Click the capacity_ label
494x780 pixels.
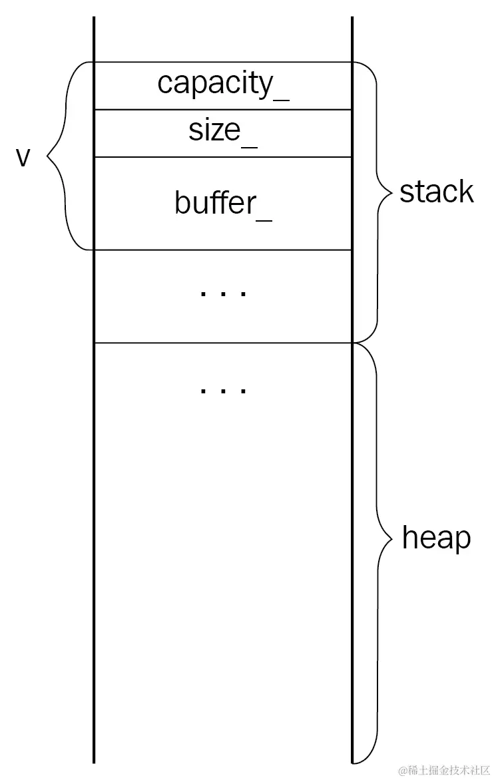pyautogui.click(x=223, y=85)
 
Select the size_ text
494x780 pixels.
pyautogui.click(x=223, y=131)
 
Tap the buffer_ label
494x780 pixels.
pyautogui.click(x=223, y=203)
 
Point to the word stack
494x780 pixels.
pyautogui.click(x=436, y=192)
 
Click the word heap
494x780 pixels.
pyautogui.click(x=436, y=538)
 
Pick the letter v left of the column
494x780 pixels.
pyautogui.click(x=24, y=158)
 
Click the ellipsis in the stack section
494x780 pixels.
pyautogui.click(x=223, y=293)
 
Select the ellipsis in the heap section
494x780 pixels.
pyautogui.click(x=223, y=389)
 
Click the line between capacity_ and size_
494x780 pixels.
pyautogui.click(x=223, y=110)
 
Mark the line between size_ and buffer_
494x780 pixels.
pyautogui.click(x=223, y=157)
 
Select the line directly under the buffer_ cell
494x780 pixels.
pyautogui.click(x=223, y=250)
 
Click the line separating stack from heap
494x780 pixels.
pyautogui.click(x=223, y=343)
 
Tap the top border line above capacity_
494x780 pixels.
pyautogui.click(x=223, y=63)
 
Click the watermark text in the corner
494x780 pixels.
pyautogui.click(x=444, y=771)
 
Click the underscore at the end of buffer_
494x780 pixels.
pyautogui.click(x=264, y=218)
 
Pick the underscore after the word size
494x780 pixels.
pyautogui.click(x=249, y=144)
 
